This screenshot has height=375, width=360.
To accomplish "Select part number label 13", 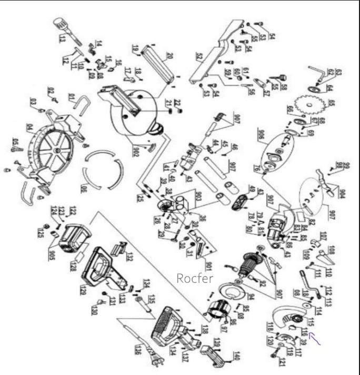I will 62,39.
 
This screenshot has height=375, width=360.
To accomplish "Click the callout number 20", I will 170,56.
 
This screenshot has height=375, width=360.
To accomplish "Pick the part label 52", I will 198,57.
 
